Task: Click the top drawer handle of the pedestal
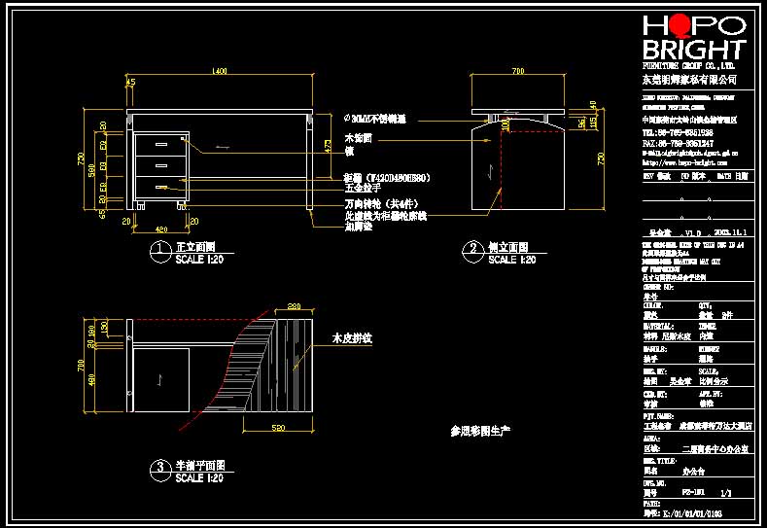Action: (x=161, y=145)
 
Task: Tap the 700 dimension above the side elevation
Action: (x=518, y=72)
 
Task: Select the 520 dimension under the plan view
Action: (x=278, y=427)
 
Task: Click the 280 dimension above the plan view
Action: (x=296, y=307)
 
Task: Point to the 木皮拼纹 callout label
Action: (x=354, y=339)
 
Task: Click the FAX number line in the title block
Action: (x=678, y=143)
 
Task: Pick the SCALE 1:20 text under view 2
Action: (x=511, y=260)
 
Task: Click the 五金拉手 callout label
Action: (x=363, y=189)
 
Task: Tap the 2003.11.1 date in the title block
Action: (x=729, y=233)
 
